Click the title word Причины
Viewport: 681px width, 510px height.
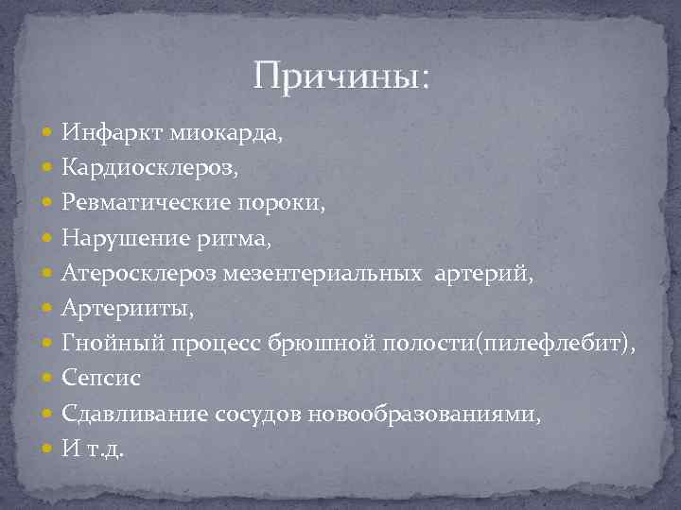tap(340, 75)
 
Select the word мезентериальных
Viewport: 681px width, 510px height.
tap(327, 273)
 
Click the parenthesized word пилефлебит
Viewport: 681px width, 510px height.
tap(550, 343)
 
